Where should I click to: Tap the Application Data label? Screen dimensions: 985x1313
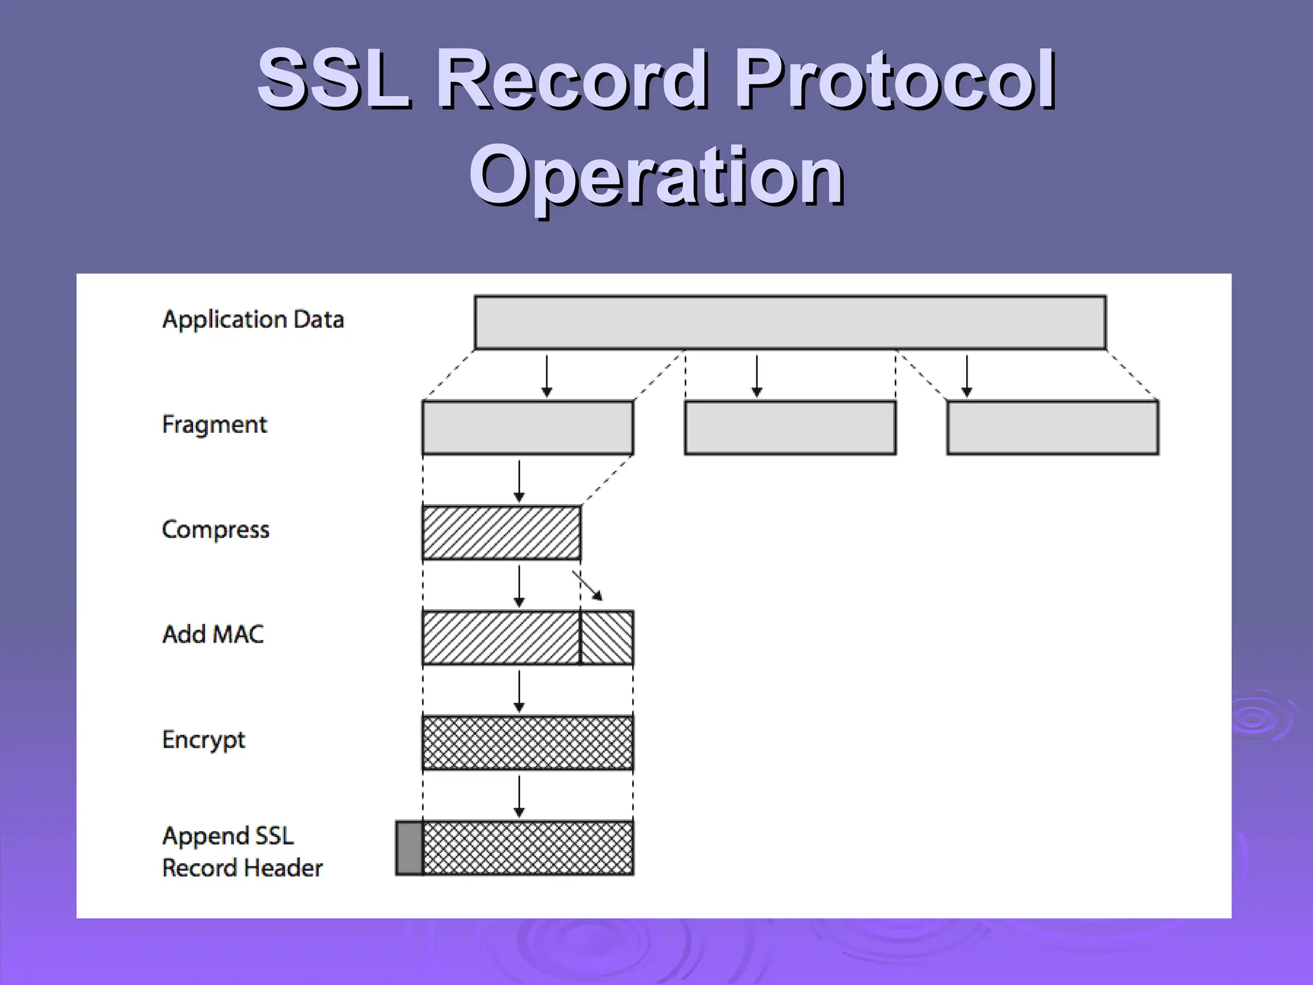253,319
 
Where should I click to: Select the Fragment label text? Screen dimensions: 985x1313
215,425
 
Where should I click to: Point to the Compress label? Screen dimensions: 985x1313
216,530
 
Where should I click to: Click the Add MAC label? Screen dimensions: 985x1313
213,634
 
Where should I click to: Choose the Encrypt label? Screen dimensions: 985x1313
204,739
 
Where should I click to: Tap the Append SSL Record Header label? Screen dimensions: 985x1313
242,852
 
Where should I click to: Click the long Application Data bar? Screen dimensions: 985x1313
790,323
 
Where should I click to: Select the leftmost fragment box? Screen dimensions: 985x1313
528,428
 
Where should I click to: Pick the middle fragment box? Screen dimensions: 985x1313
790,428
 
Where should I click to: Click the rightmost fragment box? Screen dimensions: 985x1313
1052,428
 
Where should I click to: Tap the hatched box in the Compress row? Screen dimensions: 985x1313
501,533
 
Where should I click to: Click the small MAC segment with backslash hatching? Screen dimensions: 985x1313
607,637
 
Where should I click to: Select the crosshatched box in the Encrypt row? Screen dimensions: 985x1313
528,743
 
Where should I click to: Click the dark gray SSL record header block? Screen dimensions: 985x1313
409,848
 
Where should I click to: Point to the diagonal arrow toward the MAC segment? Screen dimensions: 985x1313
588,585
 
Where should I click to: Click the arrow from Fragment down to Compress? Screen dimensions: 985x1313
519,481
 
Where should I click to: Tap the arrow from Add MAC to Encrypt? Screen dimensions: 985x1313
519,691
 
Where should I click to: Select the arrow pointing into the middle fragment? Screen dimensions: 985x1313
757,376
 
